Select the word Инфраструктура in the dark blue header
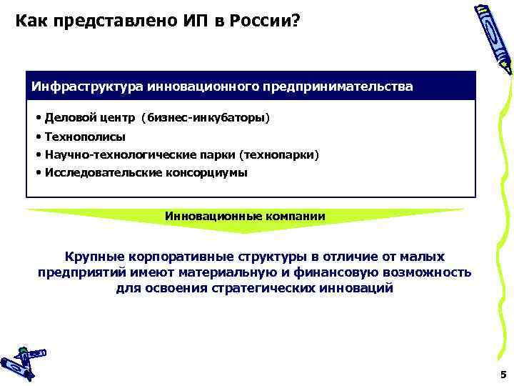click(x=87, y=86)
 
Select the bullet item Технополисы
click(x=84, y=137)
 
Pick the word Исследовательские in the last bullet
click(x=106, y=172)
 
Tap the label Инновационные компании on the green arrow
click(x=245, y=216)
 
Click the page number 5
click(x=503, y=374)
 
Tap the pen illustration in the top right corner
click(x=493, y=39)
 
